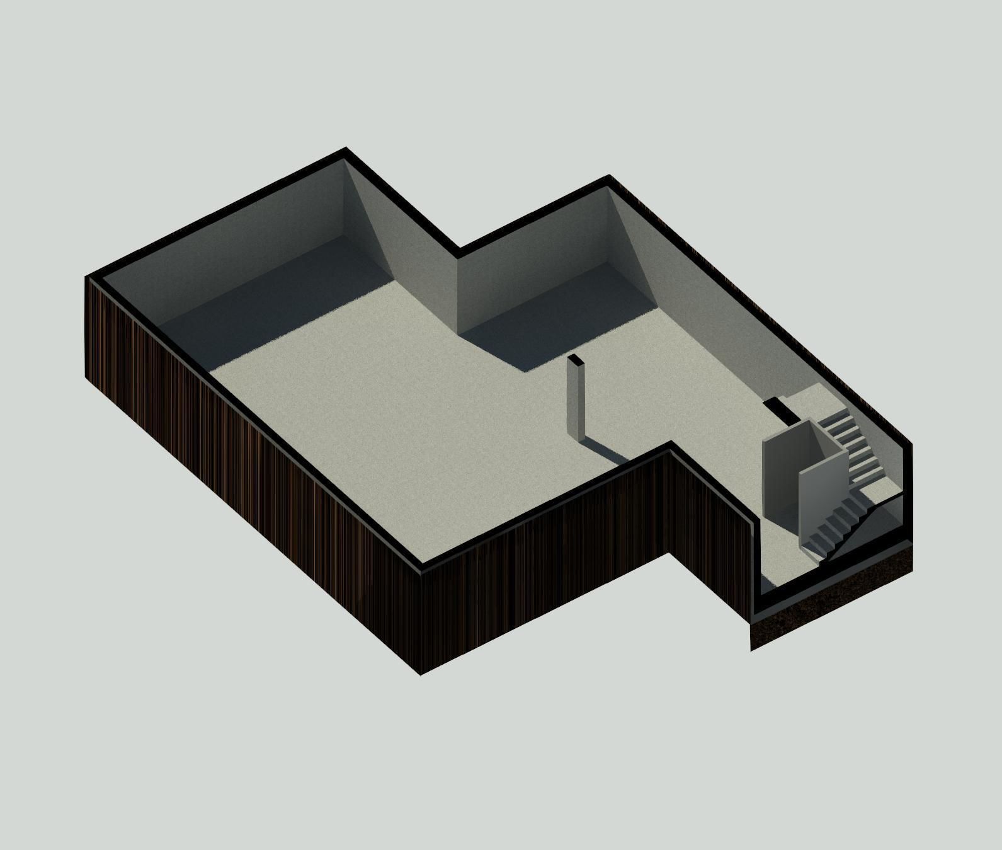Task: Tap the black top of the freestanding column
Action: coord(575,360)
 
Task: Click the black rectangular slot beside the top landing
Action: coord(780,410)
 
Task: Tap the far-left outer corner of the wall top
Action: coord(86,278)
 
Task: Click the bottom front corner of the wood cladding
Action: coord(420,674)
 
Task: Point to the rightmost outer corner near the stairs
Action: coord(912,444)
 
